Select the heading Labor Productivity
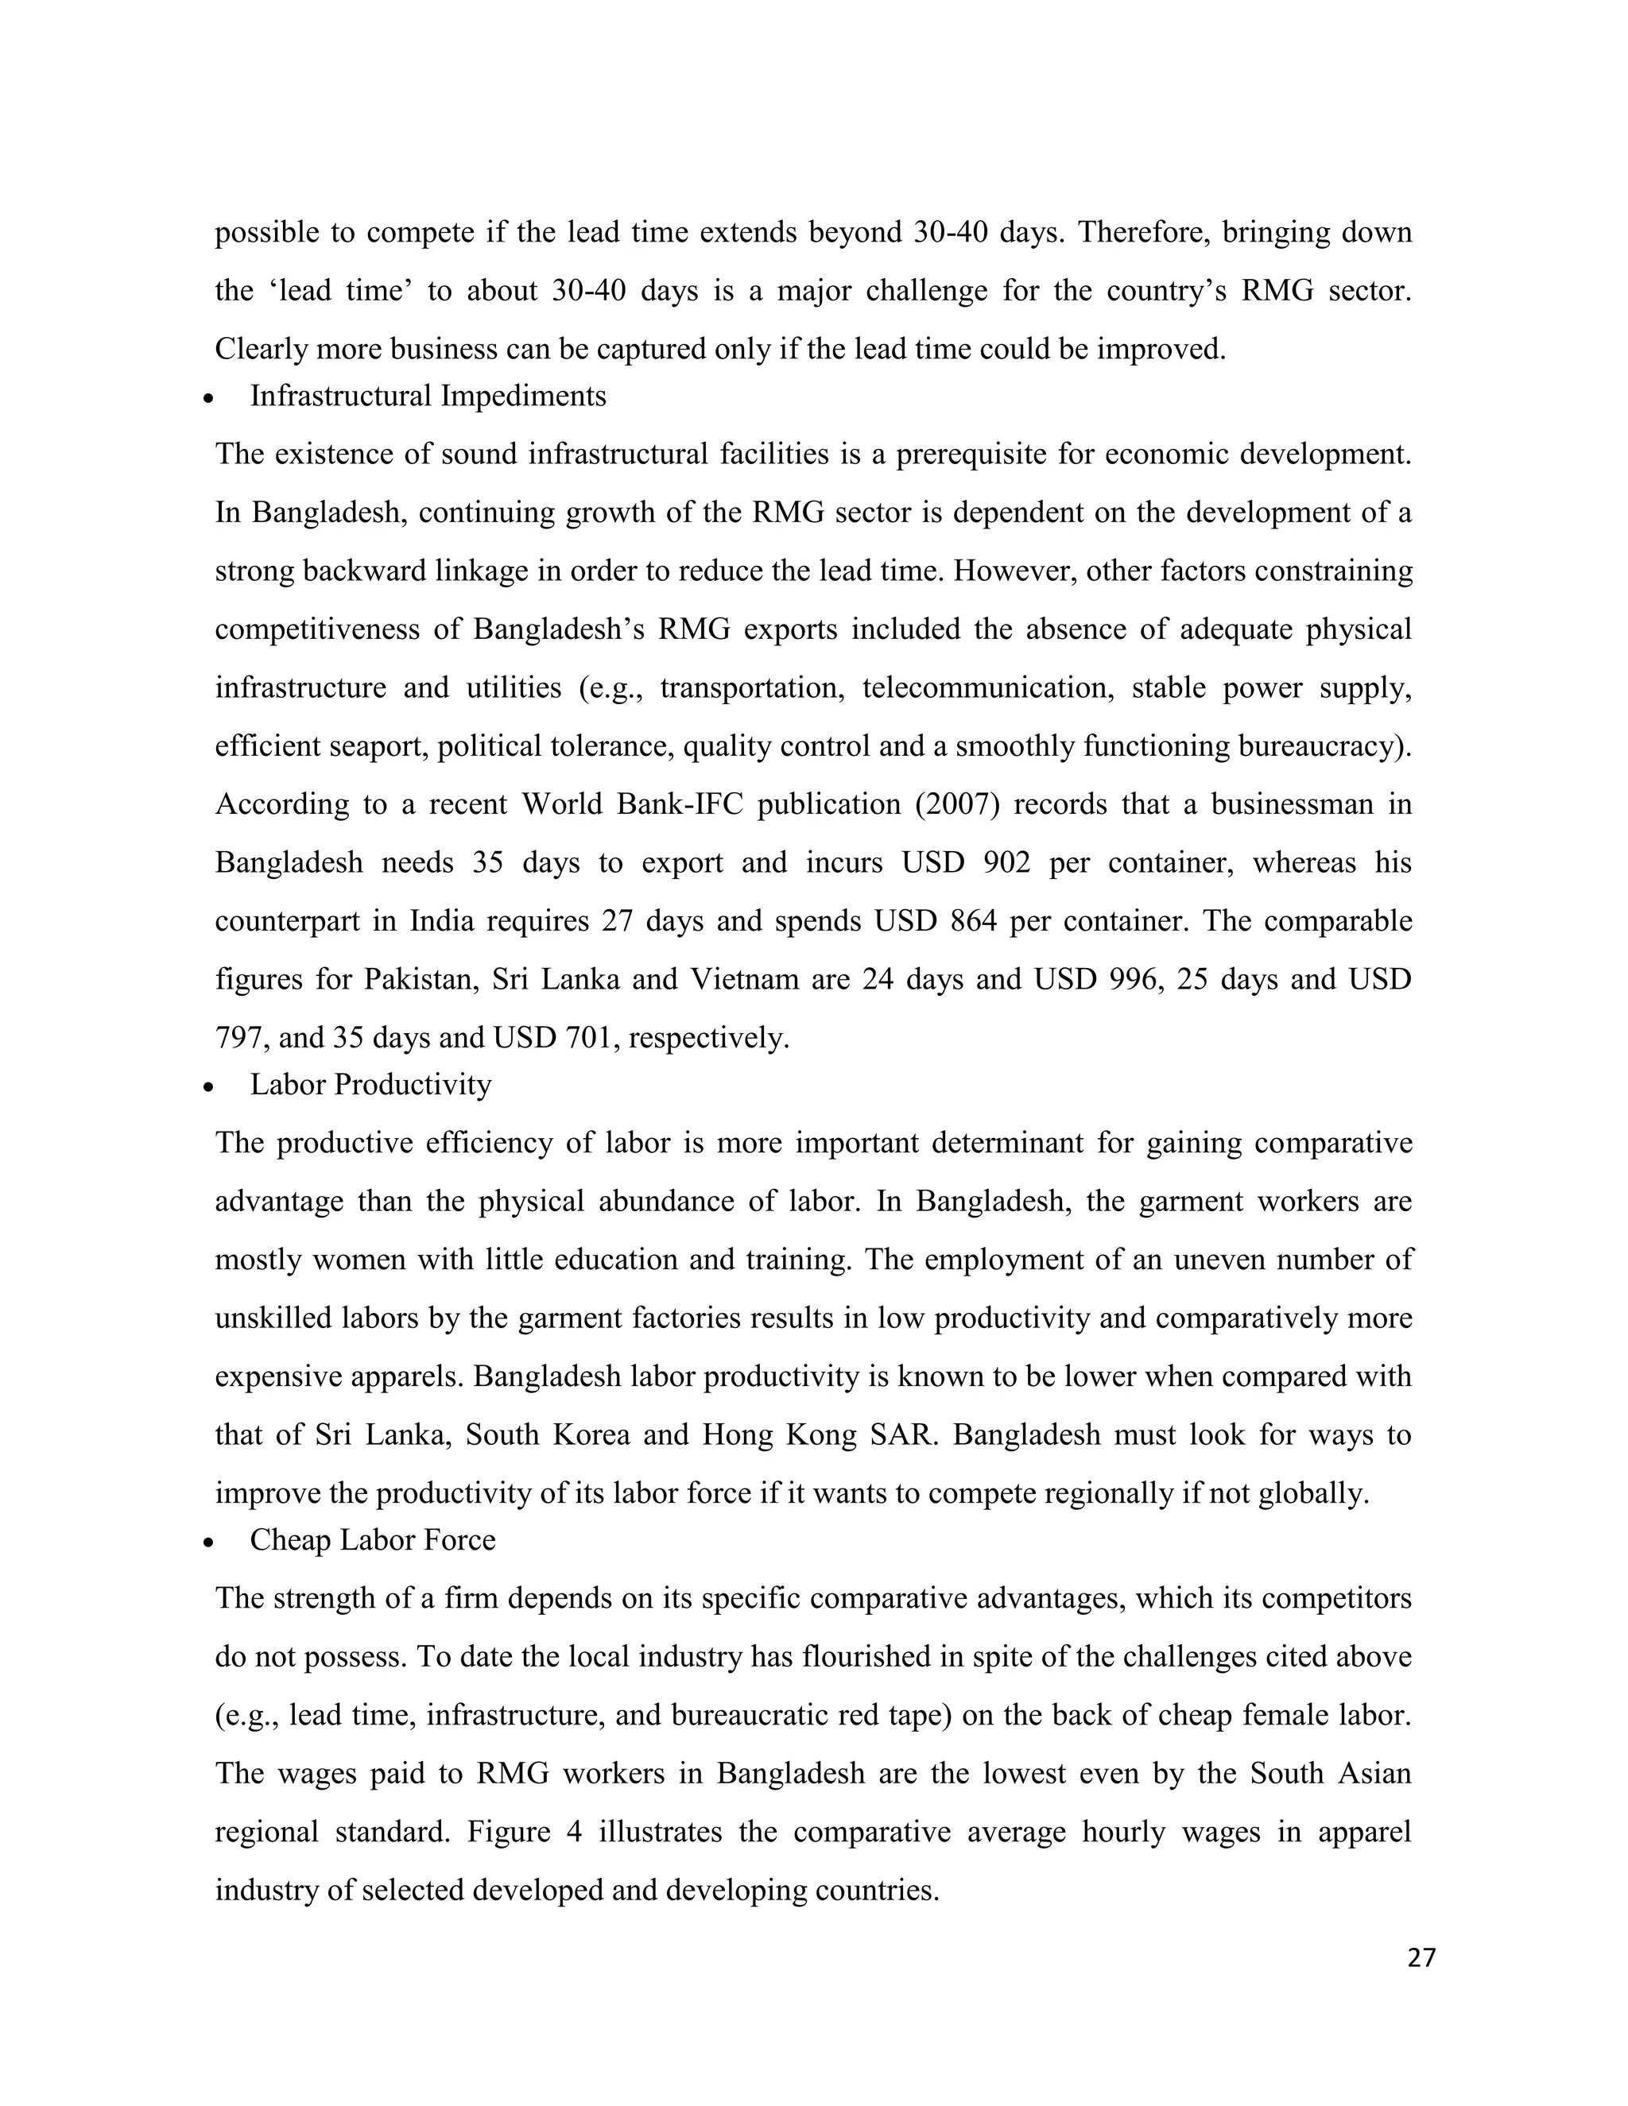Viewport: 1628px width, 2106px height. tap(370, 1085)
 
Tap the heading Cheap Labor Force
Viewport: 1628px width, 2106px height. tap(372, 1540)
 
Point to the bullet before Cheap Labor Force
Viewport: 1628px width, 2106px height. tap(208, 1543)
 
